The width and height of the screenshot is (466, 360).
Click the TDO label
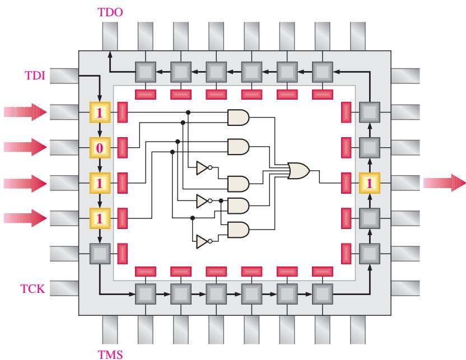(x=110, y=12)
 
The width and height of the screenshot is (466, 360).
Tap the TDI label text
(x=35, y=76)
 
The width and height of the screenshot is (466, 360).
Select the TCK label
(x=32, y=289)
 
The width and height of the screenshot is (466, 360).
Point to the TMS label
(x=110, y=354)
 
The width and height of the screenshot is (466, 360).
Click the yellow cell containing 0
(x=100, y=148)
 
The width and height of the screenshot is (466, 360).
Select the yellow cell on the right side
(x=370, y=183)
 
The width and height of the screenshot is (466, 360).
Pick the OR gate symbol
(x=299, y=171)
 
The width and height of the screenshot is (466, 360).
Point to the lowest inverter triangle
(x=203, y=241)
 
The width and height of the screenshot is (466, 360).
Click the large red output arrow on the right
(x=445, y=183)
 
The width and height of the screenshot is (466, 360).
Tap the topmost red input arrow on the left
(x=25, y=112)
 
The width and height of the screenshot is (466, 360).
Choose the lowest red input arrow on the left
(x=25, y=218)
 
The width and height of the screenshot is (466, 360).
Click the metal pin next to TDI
(x=64, y=76)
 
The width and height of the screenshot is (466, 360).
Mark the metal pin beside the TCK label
(x=64, y=288)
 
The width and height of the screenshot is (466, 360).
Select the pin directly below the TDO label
(x=110, y=36)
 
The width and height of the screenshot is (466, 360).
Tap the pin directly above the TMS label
(x=110, y=330)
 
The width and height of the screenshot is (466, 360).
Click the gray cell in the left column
(x=100, y=254)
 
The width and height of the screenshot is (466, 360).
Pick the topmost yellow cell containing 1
(x=100, y=113)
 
